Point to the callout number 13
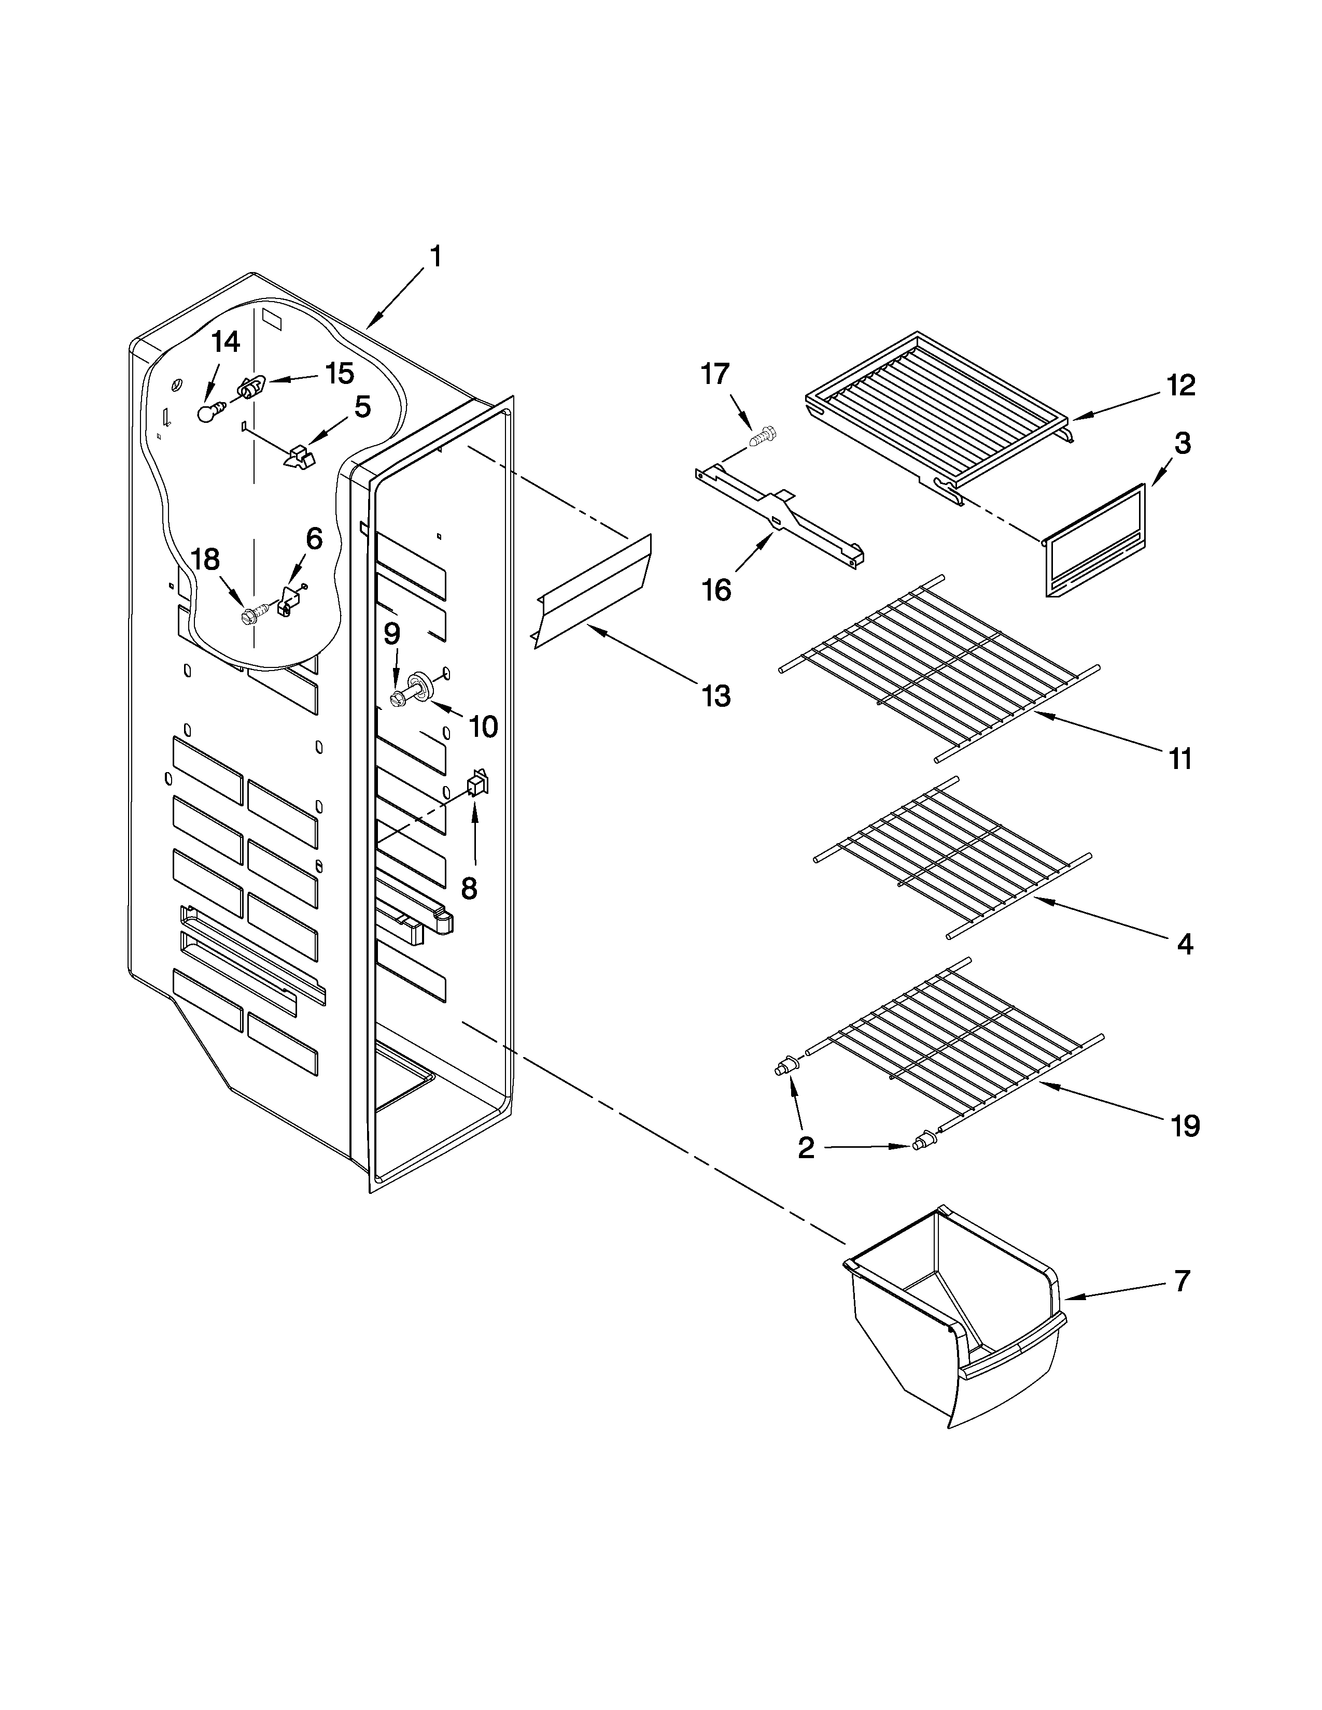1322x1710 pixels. click(716, 695)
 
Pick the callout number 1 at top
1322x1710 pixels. click(435, 256)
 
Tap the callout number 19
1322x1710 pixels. click(1186, 1126)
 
